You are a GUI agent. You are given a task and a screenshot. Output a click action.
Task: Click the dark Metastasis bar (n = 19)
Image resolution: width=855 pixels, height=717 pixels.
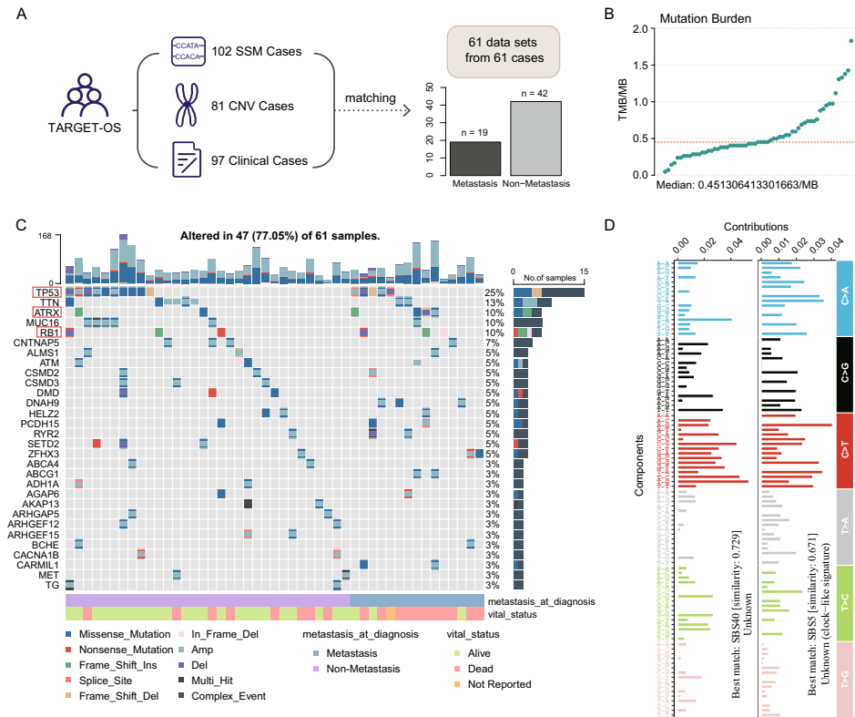pos(474,159)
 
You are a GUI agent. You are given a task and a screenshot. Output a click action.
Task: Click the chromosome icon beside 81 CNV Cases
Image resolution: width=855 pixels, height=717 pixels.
pos(187,107)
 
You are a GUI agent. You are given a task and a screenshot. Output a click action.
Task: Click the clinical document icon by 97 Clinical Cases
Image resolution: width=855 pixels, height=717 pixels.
pos(187,160)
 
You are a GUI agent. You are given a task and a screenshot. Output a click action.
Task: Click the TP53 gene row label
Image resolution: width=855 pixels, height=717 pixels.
pos(46,292)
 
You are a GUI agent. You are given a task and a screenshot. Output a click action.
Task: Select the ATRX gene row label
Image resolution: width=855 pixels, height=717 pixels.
pos(46,312)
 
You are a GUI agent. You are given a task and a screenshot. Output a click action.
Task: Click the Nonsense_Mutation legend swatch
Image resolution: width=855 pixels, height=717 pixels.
pos(70,650)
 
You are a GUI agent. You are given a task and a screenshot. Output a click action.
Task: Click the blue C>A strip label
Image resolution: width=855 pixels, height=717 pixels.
pos(843,298)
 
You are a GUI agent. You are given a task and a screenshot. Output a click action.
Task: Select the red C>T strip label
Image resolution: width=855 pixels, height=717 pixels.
pos(843,450)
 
